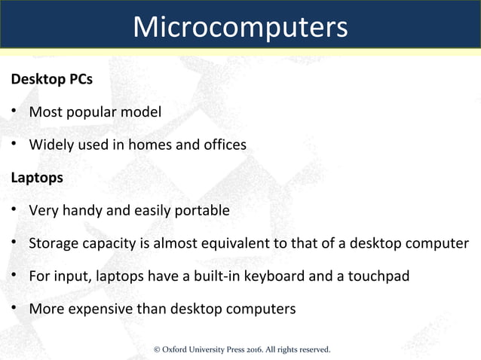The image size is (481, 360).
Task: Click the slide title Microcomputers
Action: pyautogui.click(x=240, y=27)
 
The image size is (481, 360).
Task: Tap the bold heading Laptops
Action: pyautogui.click(x=36, y=178)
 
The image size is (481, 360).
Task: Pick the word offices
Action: pyautogui.click(x=222, y=145)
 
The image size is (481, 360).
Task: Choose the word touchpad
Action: pyautogui.click(x=381, y=276)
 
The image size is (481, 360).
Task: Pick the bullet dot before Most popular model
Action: pyautogui.click(x=14, y=113)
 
